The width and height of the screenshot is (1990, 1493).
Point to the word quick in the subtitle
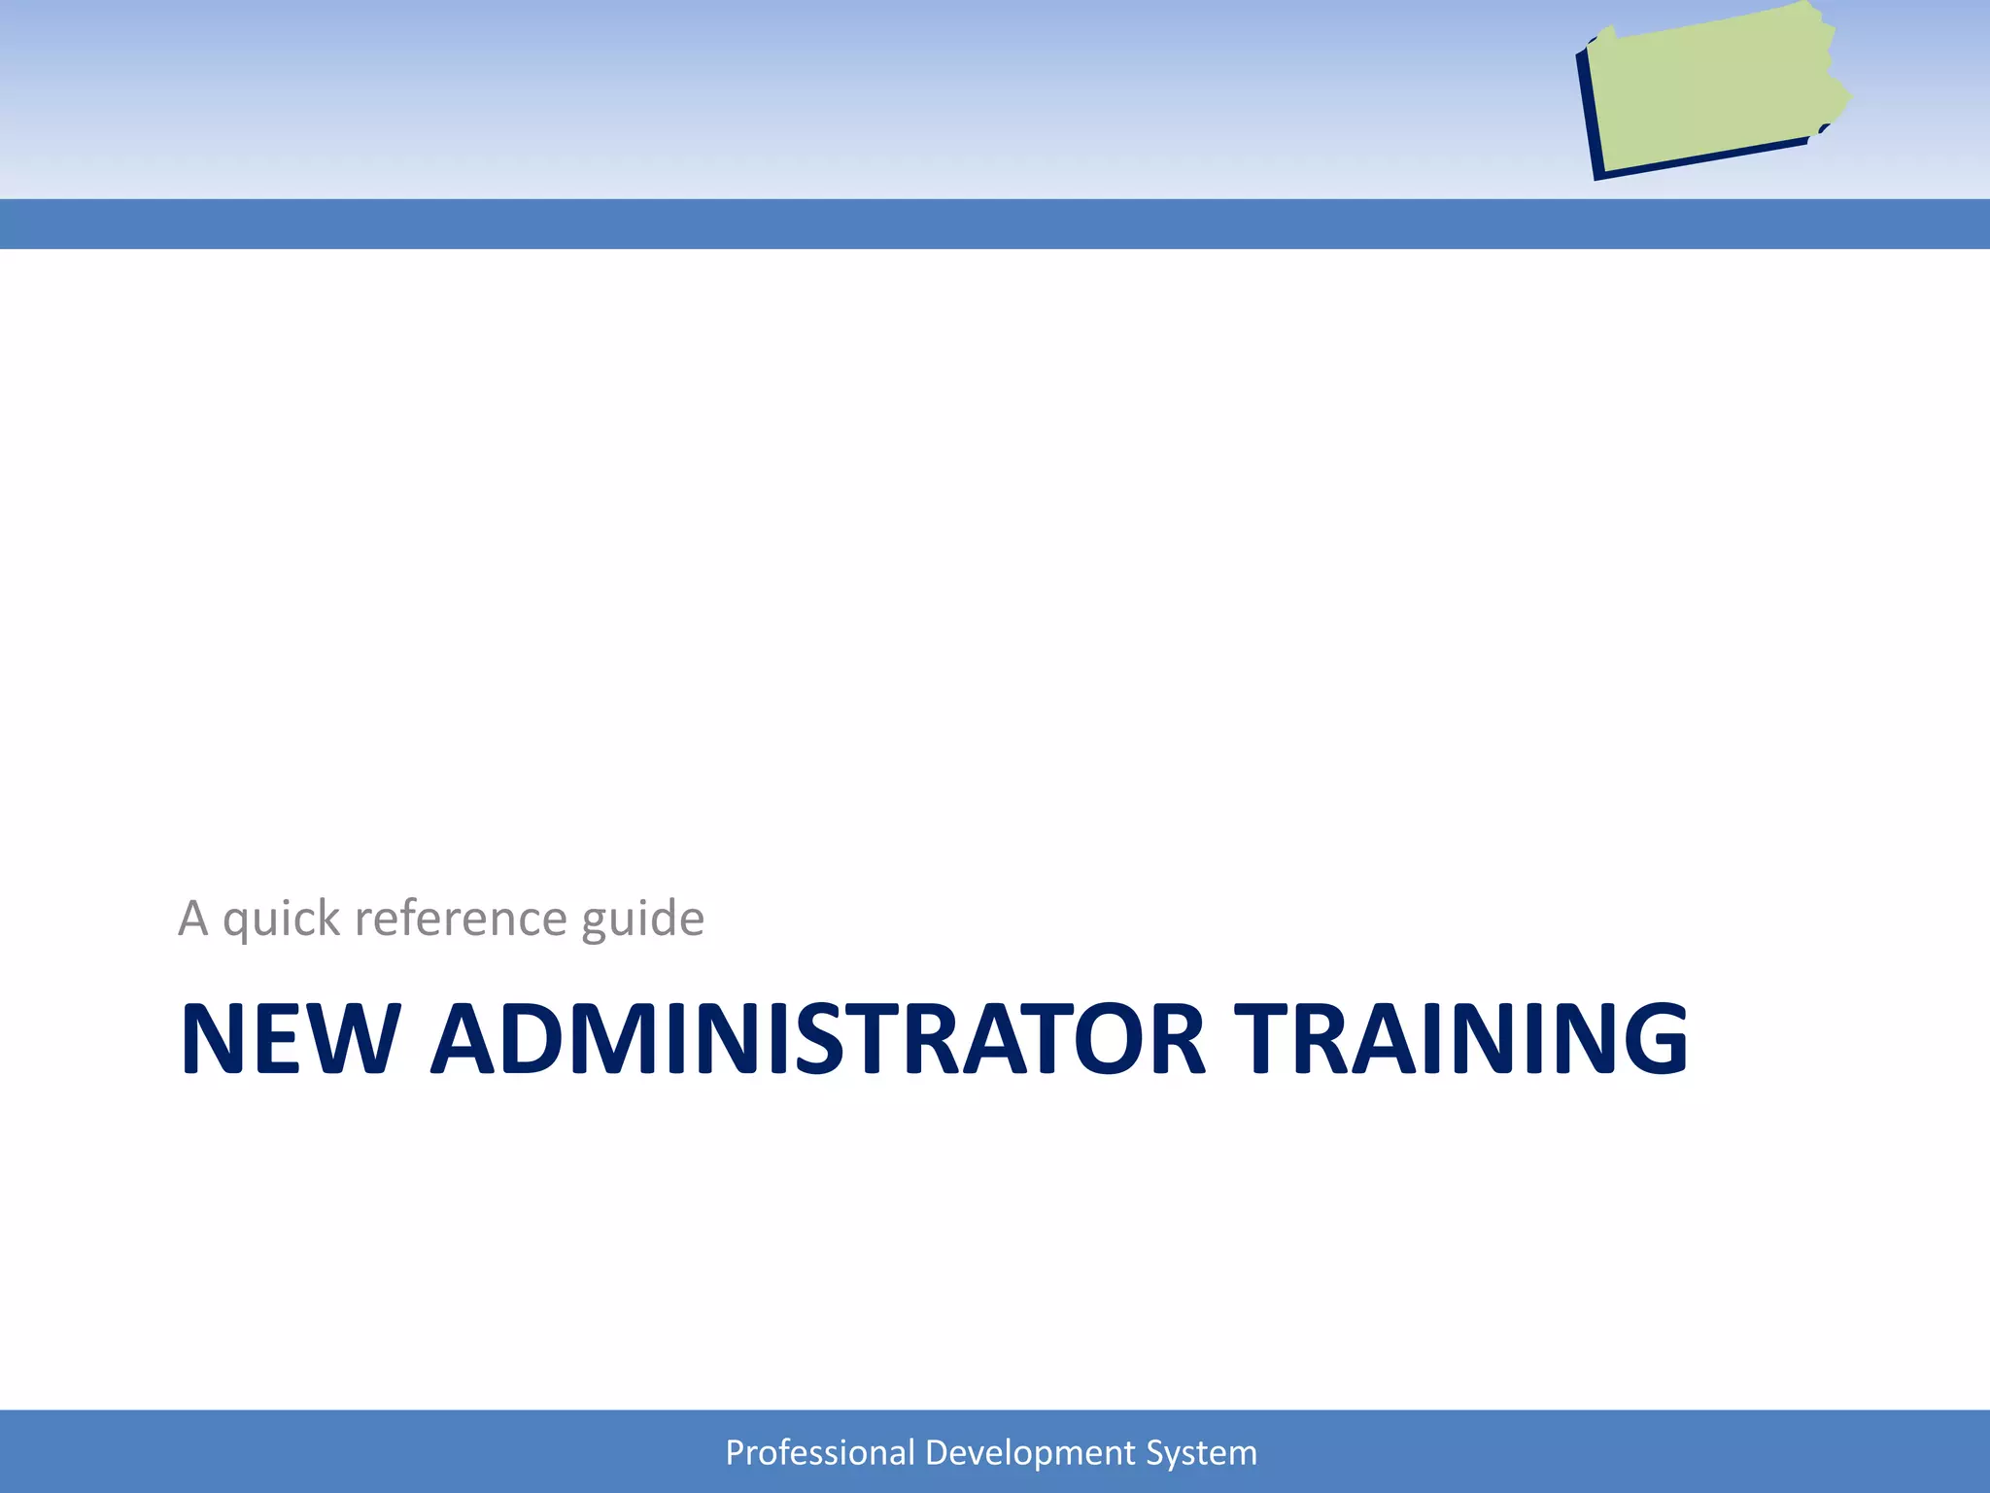[x=282, y=919]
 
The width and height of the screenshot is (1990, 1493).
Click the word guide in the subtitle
[x=642, y=919]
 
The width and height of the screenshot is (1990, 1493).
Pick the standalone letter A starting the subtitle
[x=193, y=919]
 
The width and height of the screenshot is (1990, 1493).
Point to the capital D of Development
[x=936, y=1452]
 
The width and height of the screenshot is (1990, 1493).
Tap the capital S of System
[x=1154, y=1452]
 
